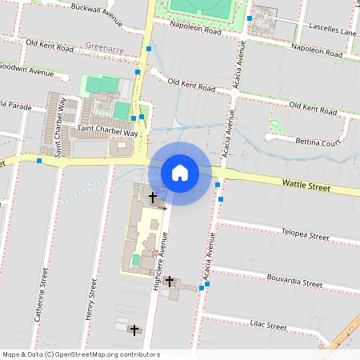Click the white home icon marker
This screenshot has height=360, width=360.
pos(180,173)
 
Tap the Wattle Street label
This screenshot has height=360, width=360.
pos(306,186)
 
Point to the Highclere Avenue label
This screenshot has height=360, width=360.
pos(157,256)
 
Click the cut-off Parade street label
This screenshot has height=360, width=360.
pos(14,105)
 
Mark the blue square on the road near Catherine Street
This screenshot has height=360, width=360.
pos(38,160)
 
